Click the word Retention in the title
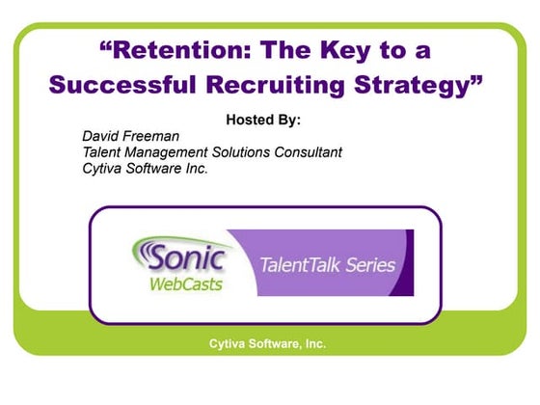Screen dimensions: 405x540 point(165,48)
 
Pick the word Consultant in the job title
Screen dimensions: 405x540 point(308,152)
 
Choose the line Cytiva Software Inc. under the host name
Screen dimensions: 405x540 point(145,169)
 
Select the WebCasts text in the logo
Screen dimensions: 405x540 point(186,283)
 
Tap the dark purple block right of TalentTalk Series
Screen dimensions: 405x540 point(408,262)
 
